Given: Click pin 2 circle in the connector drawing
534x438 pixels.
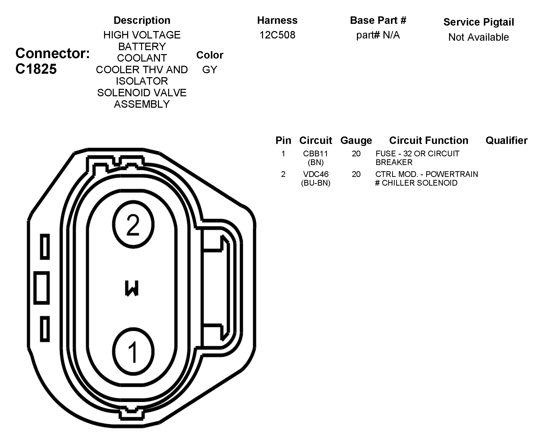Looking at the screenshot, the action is click(133, 224).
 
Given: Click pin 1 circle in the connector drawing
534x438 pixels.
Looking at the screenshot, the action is click(133, 351).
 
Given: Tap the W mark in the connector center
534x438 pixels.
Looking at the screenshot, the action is click(132, 288).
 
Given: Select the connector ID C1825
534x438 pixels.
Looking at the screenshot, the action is click(36, 69).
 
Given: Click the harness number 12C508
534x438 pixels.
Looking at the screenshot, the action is click(277, 35).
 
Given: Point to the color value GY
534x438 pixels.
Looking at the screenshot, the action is click(210, 70).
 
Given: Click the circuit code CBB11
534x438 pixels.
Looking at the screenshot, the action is click(315, 153).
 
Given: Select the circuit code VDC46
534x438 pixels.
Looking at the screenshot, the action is click(316, 174).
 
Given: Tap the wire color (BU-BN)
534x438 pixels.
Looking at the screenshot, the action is click(316, 183).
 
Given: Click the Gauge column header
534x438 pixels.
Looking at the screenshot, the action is click(356, 140).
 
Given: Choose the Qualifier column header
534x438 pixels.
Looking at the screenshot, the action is click(506, 140).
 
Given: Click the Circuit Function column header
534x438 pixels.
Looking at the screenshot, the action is click(428, 140).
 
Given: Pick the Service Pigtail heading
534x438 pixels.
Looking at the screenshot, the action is click(478, 22).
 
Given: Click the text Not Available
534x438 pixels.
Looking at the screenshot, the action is click(478, 37).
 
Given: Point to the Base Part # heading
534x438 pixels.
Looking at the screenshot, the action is click(378, 20).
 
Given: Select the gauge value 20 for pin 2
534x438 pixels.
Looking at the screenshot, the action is click(356, 174).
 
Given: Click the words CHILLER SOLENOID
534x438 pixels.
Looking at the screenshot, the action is click(419, 183).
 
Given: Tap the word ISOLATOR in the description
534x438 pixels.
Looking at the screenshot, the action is click(142, 81).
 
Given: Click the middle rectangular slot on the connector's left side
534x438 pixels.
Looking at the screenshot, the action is click(42, 288).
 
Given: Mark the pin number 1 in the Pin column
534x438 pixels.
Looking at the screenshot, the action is click(283, 153).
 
